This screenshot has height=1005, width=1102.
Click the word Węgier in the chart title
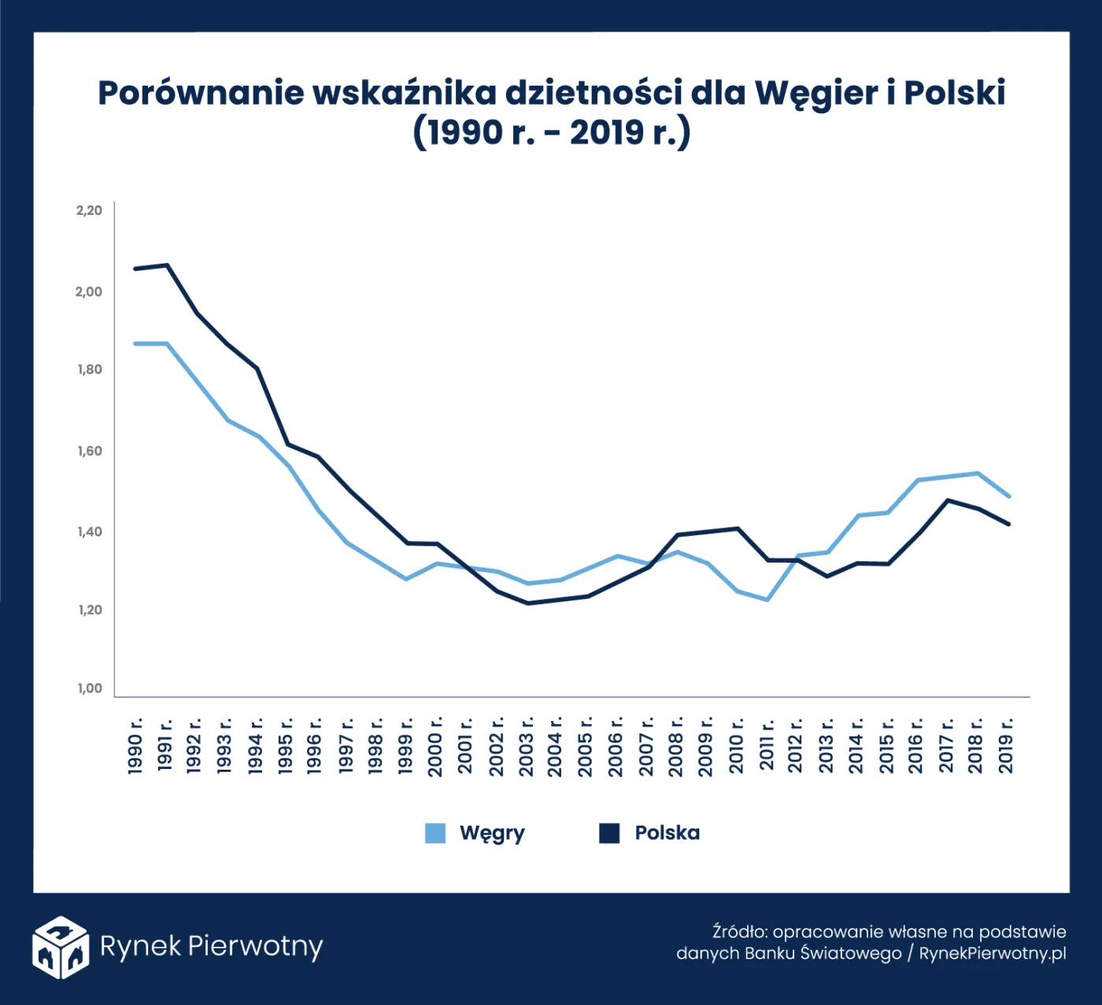coord(815,94)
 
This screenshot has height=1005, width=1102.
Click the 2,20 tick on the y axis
coord(89,210)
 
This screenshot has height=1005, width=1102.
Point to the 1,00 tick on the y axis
coord(90,689)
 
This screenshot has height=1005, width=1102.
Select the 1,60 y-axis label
coord(90,451)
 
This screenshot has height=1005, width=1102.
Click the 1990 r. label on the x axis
coord(135,745)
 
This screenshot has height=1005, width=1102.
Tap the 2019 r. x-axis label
coord(1006,745)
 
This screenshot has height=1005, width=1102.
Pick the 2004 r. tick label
coord(555,745)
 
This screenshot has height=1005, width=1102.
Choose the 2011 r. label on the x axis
coord(767,745)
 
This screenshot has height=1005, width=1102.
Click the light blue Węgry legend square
coord(435,833)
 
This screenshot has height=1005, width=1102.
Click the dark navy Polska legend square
coord(609,833)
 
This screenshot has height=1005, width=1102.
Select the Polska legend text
coord(667,833)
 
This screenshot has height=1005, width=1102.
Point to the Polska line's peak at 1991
coord(167,265)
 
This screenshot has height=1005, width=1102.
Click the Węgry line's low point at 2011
coord(767,600)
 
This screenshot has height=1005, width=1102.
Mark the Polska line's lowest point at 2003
coord(527,604)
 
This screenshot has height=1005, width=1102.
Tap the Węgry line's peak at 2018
coord(978,473)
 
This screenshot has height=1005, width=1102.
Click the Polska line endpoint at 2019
coord(1008,524)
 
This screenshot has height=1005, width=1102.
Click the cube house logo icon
coord(60,947)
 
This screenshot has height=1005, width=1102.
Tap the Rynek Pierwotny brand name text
coord(211,946)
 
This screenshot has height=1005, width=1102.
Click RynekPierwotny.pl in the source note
coord(992,954)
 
